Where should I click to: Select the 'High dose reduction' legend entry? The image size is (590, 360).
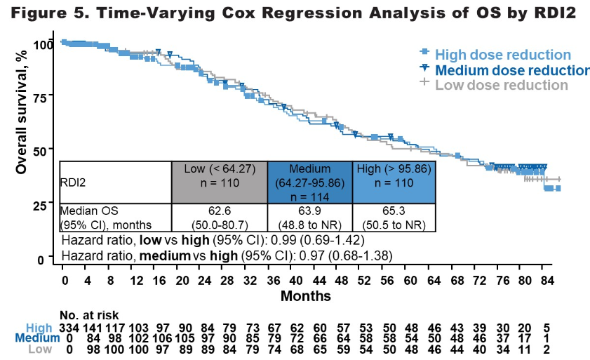(502, 55)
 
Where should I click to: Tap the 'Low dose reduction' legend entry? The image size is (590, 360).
(501, 85)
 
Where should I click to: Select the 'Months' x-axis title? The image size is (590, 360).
(305, 296)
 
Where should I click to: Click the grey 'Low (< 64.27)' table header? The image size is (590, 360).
(219, 176)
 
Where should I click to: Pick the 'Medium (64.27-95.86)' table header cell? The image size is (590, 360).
(309, 182)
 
